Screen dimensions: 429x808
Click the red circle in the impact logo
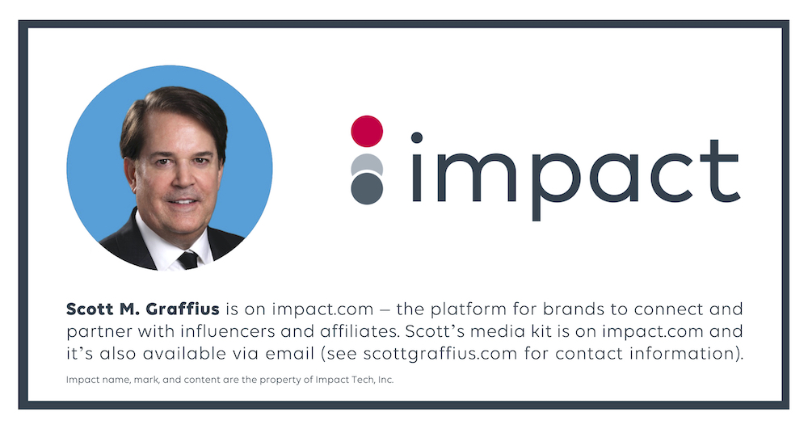point(366,131)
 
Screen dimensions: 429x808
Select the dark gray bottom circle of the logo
point(366,188)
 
